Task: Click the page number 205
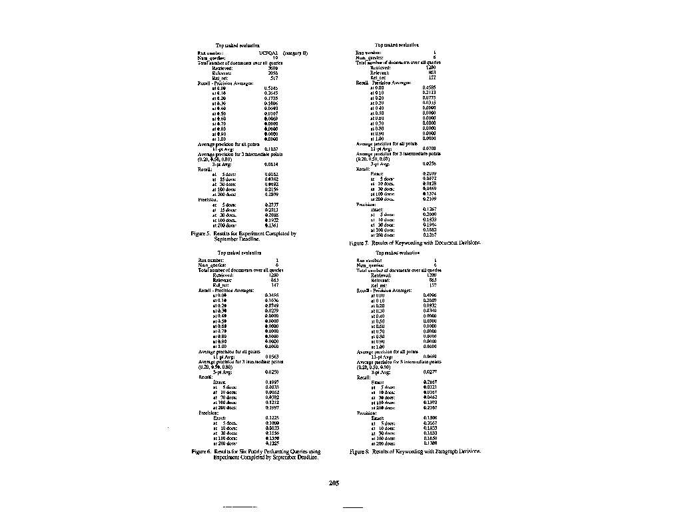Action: (334, 483)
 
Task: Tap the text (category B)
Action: (295, 52)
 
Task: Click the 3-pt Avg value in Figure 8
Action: (430, 371)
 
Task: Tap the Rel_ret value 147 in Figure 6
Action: (273, 285)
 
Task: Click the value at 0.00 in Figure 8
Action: (430, 295)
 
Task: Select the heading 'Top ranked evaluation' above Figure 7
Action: (397, 45)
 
